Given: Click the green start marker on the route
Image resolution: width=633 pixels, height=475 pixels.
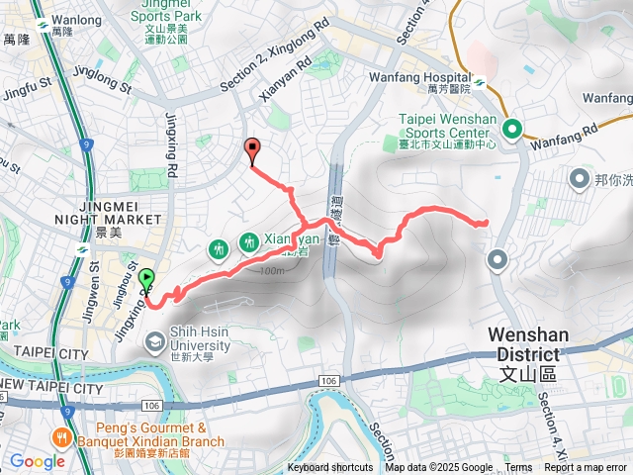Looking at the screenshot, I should click(148, 281).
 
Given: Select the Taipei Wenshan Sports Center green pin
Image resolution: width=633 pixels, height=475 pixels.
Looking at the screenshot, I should click(512, 129).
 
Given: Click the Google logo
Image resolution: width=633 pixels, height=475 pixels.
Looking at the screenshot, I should click(37, 460).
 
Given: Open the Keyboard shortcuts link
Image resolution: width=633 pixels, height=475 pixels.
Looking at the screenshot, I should click(330, 468).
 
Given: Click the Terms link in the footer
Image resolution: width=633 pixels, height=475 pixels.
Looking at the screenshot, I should click(518, 468).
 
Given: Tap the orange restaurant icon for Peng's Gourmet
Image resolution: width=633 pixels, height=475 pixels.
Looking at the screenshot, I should click(63, 435).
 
